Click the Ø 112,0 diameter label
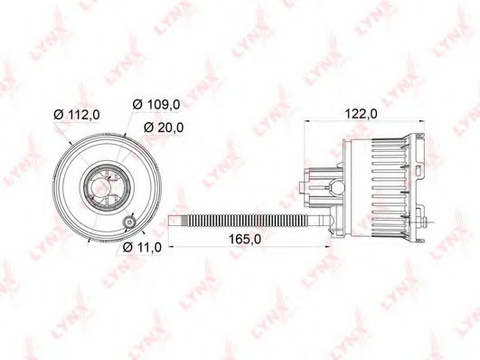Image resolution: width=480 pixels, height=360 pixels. [x=77, y=115]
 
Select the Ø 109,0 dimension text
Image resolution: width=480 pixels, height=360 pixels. [x=156, y=105]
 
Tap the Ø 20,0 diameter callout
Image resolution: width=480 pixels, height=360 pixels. [x=164, y=128]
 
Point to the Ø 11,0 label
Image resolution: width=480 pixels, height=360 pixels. [x=142, y=247]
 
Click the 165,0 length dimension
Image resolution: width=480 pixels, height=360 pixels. [x=245, y=239]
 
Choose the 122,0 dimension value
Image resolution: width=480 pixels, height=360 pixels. [x=362, y=114]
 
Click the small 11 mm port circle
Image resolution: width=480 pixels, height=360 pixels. [x=129, y=222]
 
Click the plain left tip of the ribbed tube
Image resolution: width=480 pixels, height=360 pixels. [x=175, y=222]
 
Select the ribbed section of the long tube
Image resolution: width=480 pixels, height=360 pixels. [x=245, y=222]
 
